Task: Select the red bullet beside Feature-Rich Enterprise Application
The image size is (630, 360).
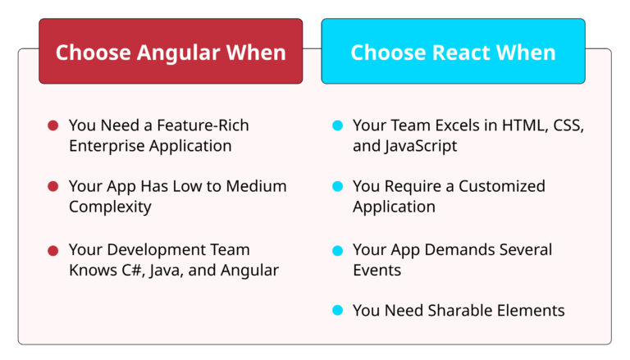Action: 52,126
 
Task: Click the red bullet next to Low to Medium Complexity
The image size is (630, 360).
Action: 52,187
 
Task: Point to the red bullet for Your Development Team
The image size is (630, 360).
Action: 52,249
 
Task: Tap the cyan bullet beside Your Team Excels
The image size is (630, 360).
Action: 337,126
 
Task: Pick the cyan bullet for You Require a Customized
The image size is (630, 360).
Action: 337,187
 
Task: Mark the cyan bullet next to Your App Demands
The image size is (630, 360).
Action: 337,249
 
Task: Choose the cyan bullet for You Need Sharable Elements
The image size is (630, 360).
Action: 337,311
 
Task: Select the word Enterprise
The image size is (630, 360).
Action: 106,146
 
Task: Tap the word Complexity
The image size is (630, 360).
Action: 110,207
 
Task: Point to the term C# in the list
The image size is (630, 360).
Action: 125,270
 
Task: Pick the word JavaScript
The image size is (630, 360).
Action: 421,146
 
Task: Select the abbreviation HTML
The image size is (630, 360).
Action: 522,125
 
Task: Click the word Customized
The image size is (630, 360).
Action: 502,186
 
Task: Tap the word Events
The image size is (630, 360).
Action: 377,270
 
